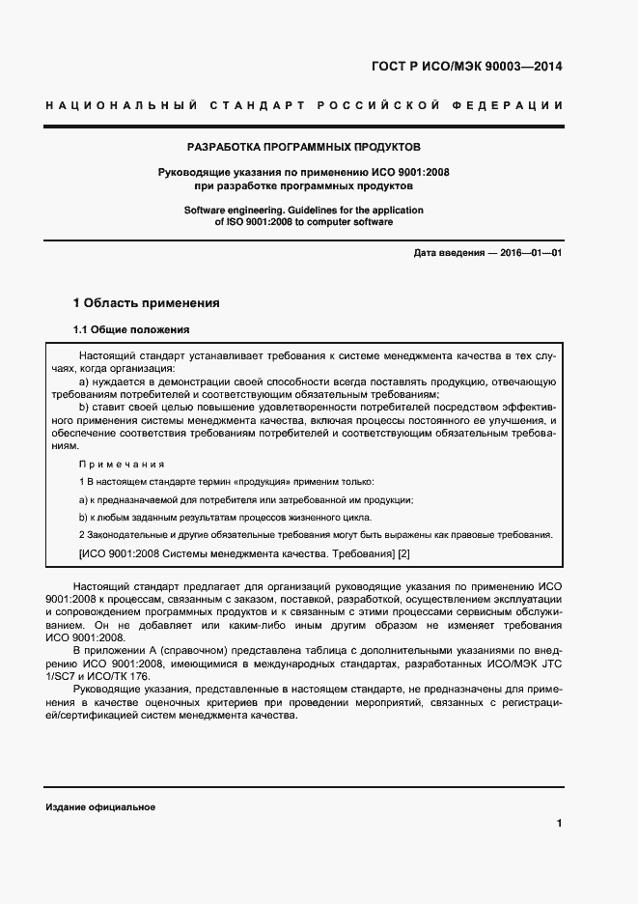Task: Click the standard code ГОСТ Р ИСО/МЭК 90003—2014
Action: click(466, 68)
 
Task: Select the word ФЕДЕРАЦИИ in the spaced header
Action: click(516, 104)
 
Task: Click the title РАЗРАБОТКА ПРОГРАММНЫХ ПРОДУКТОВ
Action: click(304, 148)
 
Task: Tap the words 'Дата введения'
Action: click(448, 253)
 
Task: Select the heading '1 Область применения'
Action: click(147, 303)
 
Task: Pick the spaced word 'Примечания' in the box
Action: click(122, 464)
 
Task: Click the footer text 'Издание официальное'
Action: click(100, 807)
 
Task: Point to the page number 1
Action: click(560, 823)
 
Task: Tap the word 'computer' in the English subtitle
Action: click(331, 222)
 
